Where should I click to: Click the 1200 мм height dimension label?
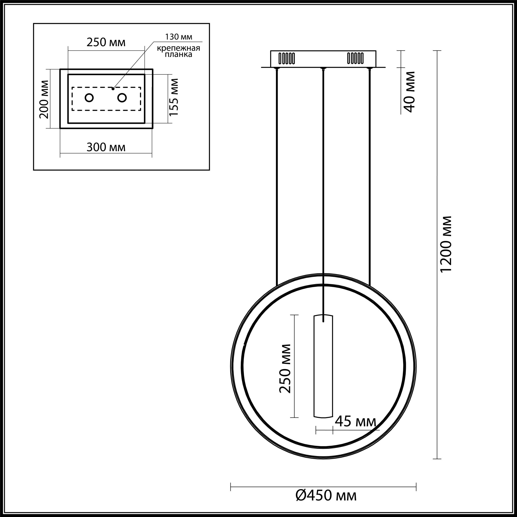click(446, 244)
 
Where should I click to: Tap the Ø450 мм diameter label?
click(326, 496)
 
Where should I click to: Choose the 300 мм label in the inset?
click(106, 147)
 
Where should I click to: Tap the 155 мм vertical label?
click(174, 97)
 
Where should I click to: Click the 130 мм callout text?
click(178, 37)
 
